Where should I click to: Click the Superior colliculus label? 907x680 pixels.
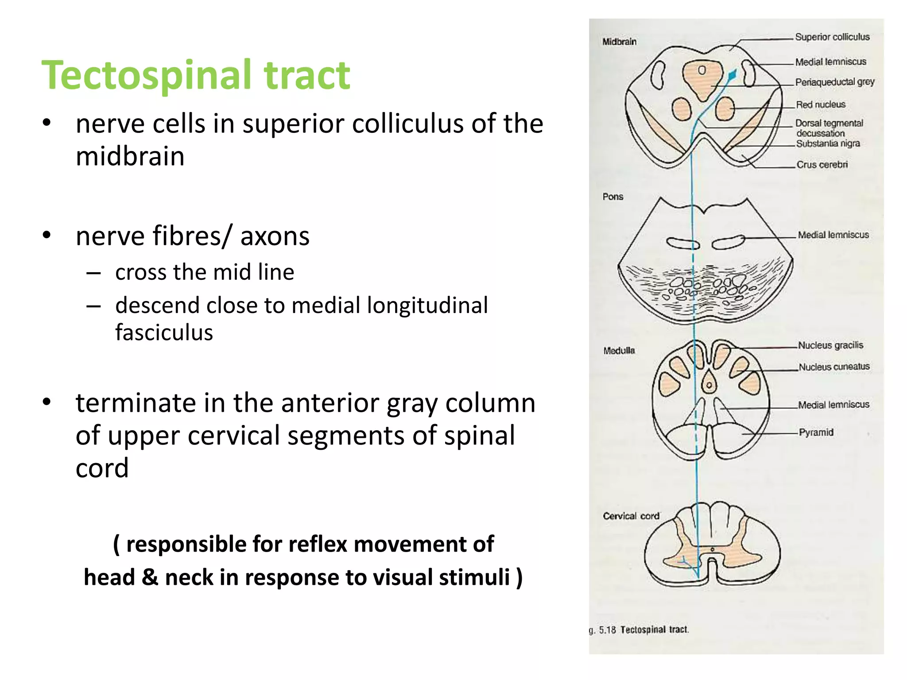click(x=832, y=37)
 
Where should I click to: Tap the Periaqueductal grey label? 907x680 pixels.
click(x=834, y=82)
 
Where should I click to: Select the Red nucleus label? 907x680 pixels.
click(x=820, y=105)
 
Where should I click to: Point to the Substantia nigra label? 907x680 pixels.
click(x=828, y=143)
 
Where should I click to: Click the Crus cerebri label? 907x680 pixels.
click(x=822, y=165)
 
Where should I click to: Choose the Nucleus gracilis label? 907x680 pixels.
click(x=830, y=345)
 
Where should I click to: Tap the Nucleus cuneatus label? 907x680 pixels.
click(x=834, y=367)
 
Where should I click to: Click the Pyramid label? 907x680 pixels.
click(x=816, y=433)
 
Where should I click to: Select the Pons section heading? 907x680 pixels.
click(x=612, y=197)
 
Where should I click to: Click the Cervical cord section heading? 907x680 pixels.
click(x=631, y=516)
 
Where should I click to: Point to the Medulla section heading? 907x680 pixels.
click(x=619, y=351)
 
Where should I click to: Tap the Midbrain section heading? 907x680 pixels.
click(x=619, y=42)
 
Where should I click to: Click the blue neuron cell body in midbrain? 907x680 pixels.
click(x=732, y=75)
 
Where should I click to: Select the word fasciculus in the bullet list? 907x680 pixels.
click(x=164, y=332)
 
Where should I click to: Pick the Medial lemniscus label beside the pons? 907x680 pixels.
click(x=833, y=235)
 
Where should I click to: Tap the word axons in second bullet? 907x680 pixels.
click(x=275, y=236)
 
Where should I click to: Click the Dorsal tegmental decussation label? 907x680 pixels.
click(x=829, y=128)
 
